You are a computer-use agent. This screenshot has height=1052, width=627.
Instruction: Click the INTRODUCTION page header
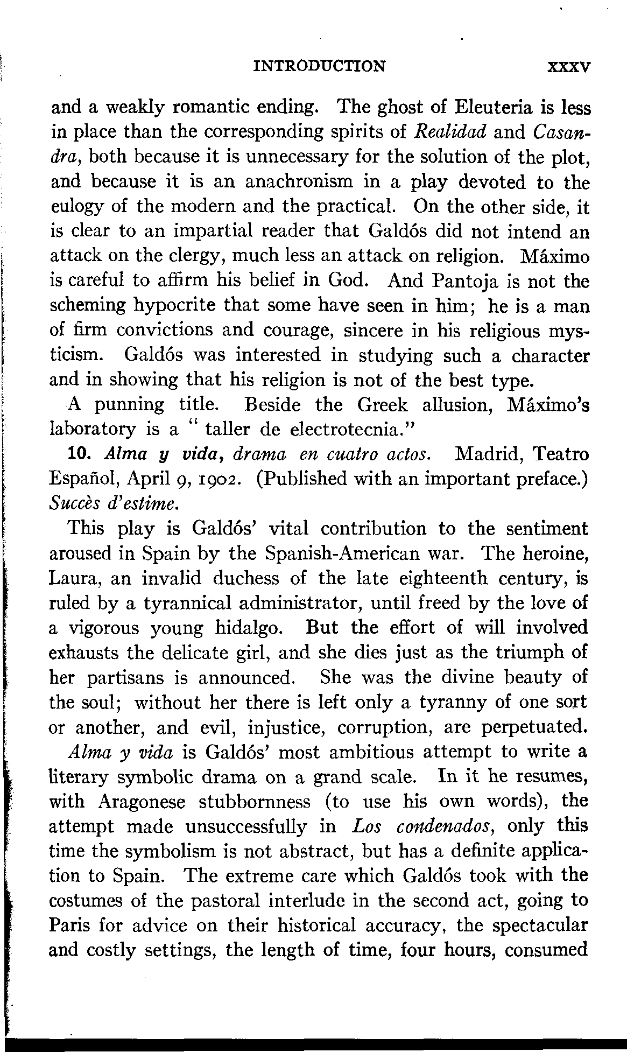tap(319, 66)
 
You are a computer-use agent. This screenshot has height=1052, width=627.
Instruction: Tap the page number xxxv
tap(569, 67)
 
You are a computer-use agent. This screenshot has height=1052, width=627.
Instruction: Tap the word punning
tap(129, 405)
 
